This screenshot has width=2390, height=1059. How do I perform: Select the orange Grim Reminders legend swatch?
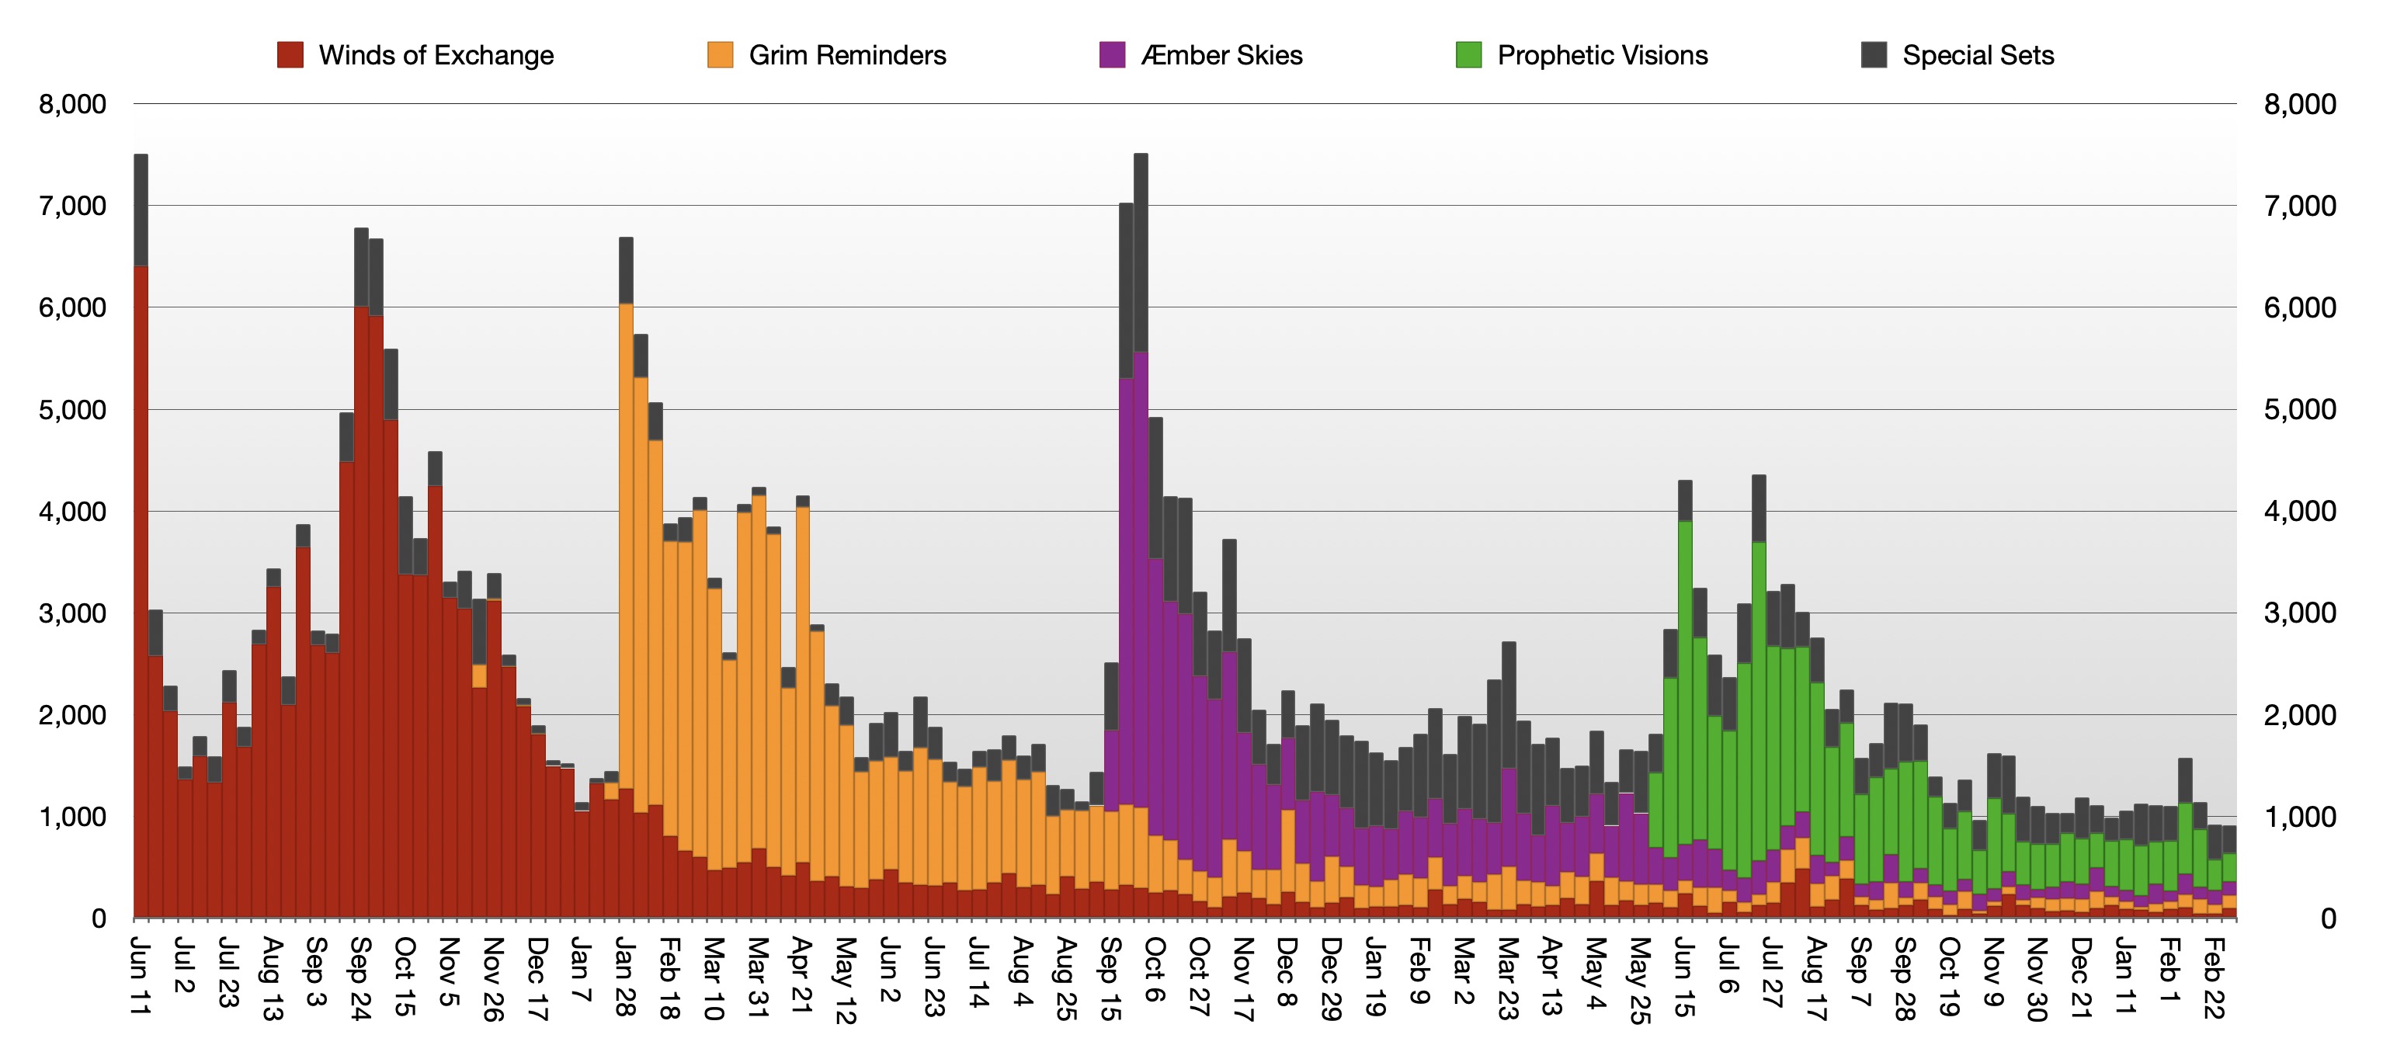click(x=720, y=54)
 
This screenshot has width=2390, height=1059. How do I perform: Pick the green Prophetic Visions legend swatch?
click(x=1468, y=54)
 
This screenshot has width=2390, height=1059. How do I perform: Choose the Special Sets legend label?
click(x=1978, y=56)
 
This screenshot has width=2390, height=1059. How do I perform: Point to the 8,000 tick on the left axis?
click(x=72, y=104)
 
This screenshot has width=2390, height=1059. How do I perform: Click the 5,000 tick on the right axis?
click(x=2299, y=409)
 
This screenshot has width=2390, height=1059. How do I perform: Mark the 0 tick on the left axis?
click(x=99, y=919)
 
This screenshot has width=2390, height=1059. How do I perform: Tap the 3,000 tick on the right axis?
click(x=2299, y=613)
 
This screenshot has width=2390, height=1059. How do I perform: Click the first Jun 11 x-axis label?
click(x=140, y=976)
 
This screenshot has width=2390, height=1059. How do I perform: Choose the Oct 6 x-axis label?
click(x=1154, y=969)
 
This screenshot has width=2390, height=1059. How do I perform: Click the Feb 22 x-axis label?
click(x=2213, y=977)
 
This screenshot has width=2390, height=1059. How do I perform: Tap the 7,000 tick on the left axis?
click(x=72, y=206)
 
